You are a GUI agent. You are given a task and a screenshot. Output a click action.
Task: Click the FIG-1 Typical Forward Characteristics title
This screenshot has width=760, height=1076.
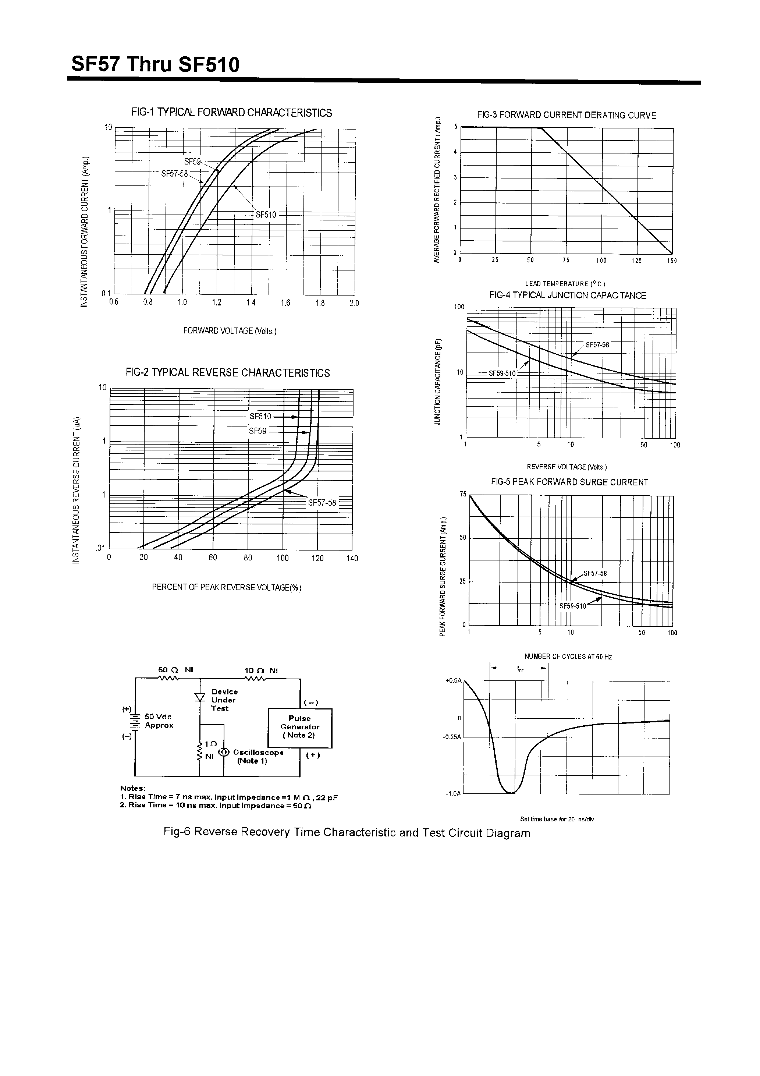click(231, 113)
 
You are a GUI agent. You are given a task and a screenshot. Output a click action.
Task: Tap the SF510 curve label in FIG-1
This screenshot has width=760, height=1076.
click(266, 215)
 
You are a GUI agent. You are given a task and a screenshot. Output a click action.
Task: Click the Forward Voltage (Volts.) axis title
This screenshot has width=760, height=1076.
click(230, 331)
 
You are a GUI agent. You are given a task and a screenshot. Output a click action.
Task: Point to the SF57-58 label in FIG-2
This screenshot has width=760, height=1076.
click(322, 503)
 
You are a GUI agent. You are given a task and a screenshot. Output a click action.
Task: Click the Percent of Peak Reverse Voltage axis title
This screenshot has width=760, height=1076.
click(227, 588)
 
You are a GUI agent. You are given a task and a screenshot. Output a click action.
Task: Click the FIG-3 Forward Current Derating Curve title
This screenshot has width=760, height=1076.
click(567, 115)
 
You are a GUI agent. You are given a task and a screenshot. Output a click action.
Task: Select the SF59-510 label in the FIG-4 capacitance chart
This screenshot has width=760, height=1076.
click(502, 374)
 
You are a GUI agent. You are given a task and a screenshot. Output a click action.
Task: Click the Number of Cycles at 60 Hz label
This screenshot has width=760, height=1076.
click(568, 656)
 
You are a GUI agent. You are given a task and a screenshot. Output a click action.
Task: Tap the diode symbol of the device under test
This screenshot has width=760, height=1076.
click(200, 697)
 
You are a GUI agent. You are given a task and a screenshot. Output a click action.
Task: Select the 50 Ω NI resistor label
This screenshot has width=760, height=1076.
click(176, 670)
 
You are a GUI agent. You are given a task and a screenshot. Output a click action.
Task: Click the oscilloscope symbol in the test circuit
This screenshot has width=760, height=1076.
click(224, 752)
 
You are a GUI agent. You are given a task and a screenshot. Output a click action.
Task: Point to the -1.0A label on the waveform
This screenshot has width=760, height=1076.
click(454, 793)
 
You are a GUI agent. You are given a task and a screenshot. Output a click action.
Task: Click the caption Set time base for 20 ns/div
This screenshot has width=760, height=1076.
click(557, 819)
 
